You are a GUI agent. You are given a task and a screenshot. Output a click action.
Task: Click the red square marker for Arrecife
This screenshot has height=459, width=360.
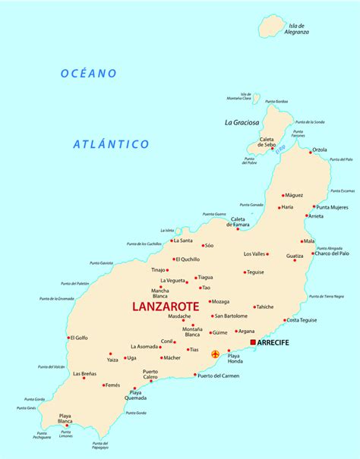253,342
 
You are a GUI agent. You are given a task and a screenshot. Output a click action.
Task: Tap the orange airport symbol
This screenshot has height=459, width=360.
216,354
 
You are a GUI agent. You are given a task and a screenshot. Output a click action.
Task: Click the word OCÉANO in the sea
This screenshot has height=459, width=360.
90,74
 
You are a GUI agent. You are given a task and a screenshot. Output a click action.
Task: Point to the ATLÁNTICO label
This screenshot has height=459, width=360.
111,143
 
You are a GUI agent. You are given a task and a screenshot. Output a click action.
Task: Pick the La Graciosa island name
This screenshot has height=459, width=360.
242,122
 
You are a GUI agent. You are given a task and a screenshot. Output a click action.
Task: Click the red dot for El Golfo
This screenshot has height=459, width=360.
69,338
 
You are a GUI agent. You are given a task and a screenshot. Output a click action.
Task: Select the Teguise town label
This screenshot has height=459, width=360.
256,272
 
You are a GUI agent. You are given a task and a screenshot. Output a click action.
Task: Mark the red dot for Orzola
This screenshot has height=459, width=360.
311,151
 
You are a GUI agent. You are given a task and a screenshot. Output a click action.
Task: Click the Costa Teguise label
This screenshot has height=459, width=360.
302,320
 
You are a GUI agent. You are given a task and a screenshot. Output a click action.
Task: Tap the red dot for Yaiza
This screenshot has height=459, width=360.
111,354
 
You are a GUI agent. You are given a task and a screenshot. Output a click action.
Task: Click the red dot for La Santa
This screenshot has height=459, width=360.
171,241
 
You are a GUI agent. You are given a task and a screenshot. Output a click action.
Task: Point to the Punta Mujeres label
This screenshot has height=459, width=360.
333,207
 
